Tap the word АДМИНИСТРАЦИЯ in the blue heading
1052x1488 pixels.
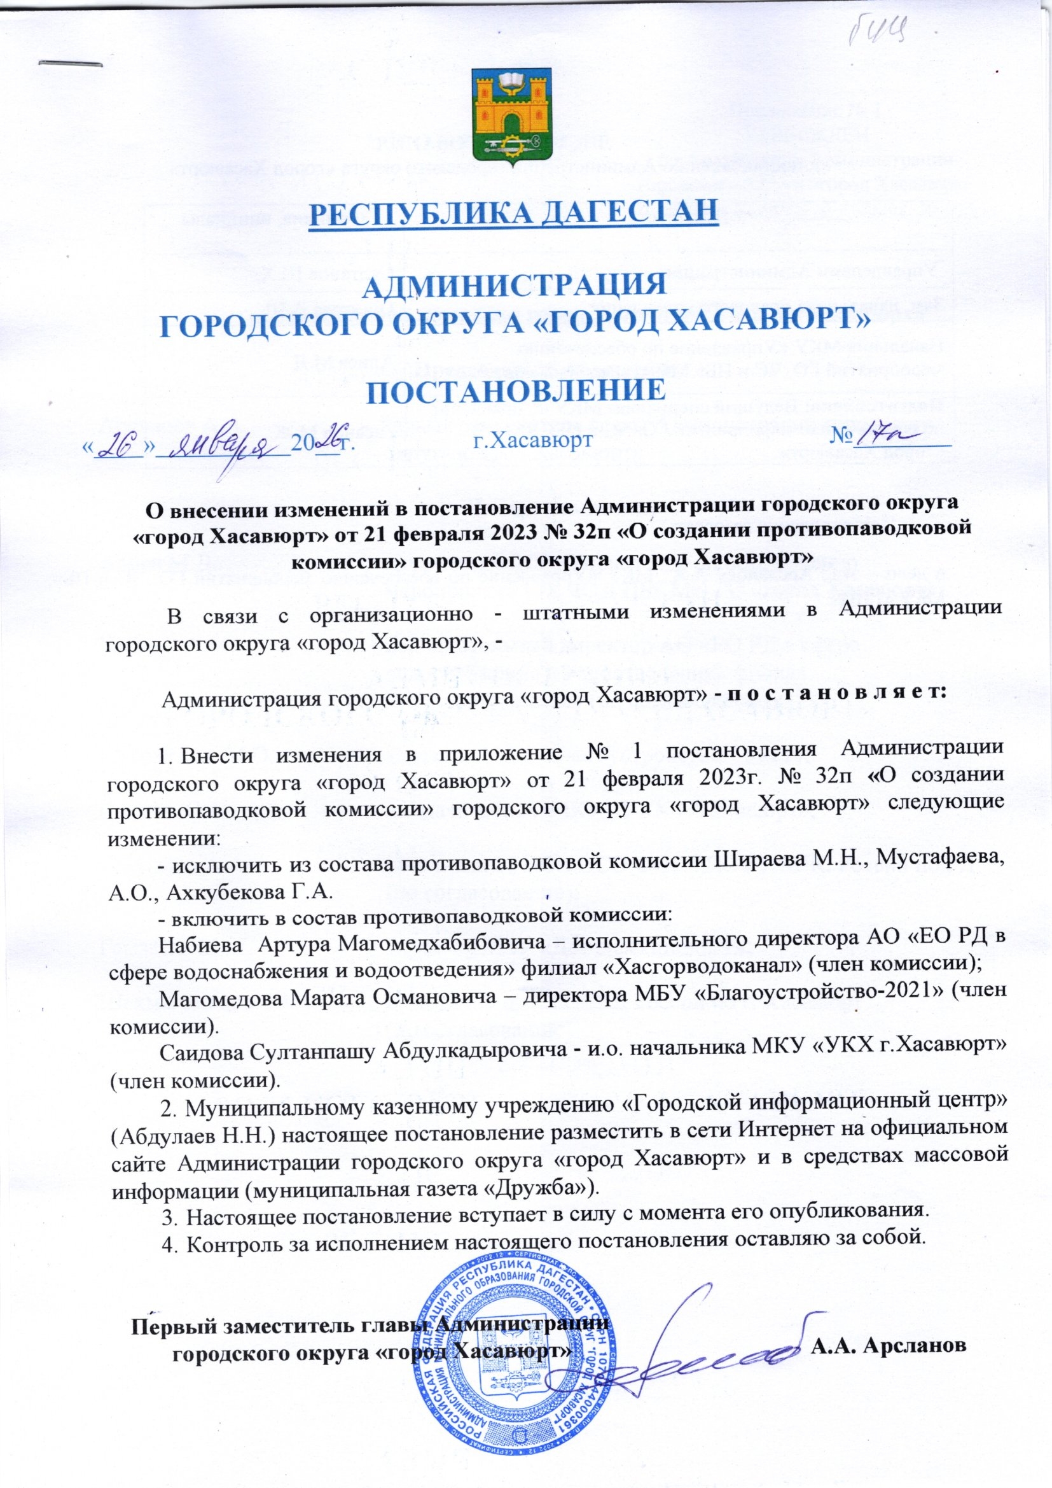(514, 286)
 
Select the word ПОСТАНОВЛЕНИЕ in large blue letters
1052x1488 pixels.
(514, 391)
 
